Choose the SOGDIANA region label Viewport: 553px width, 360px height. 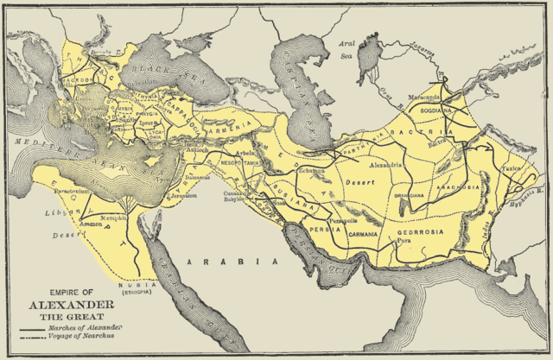(436, 111)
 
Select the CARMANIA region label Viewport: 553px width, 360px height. (366, 234)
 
